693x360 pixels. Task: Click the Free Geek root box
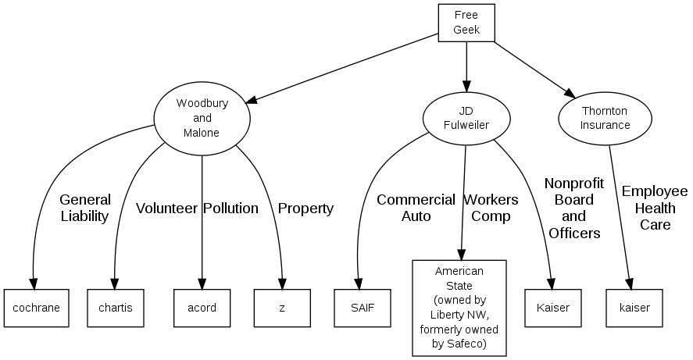(466, 23)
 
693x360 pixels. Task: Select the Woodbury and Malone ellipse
(202, 118)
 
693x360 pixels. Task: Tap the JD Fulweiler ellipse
(466, 118)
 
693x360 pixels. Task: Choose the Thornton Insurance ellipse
(605, 118)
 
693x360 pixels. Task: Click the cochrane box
(32, 308)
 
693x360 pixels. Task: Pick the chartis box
(116, 308)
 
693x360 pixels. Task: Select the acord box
(202, 308)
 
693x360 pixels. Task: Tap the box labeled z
(282, 308)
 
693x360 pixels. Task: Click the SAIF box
(363, 308)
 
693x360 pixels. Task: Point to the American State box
(459, 308)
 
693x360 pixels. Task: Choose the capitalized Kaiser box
(553, 308)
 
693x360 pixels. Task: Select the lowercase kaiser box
(634, 308)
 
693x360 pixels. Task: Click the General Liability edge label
(84, 208)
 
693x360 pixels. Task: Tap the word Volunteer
(166, 209)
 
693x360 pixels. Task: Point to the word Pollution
(230, 209)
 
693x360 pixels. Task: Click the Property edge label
(305, 209)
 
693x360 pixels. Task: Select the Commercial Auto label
(416, 208)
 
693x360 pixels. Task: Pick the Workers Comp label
(491, 208)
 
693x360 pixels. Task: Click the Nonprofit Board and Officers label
(574, 208)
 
